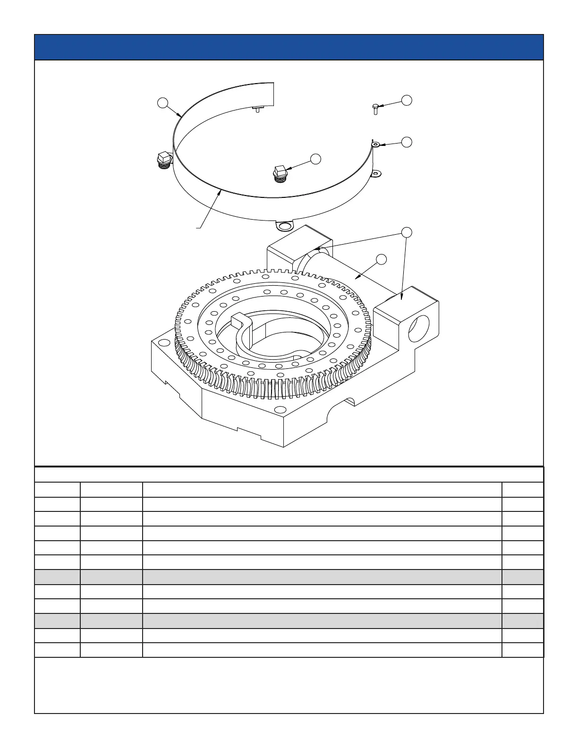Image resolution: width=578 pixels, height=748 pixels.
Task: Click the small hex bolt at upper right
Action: [375, 109]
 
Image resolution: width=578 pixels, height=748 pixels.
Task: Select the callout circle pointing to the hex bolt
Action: [407, 100]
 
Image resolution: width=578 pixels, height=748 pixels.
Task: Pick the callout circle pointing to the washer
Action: [407, 142]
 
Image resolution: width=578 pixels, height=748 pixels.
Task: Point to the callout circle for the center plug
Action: [316, 159]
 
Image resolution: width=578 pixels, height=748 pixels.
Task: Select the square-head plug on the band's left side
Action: [163, 160]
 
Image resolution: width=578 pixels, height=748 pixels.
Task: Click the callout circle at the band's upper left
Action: [163, 103]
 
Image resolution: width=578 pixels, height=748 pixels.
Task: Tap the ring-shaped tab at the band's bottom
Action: [284, 227]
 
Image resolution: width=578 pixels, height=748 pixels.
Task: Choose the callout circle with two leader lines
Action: [407, 232]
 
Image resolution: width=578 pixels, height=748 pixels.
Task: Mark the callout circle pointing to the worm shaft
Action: [382, 259]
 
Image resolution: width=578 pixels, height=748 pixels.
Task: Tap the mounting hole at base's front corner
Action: [280, 409]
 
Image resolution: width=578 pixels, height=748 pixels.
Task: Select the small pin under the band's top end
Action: [257, 109]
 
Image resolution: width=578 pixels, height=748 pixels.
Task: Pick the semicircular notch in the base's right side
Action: [348, 402]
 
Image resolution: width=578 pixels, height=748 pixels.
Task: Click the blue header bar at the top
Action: [289, 47]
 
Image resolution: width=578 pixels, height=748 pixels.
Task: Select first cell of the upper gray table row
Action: [57, 577]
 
